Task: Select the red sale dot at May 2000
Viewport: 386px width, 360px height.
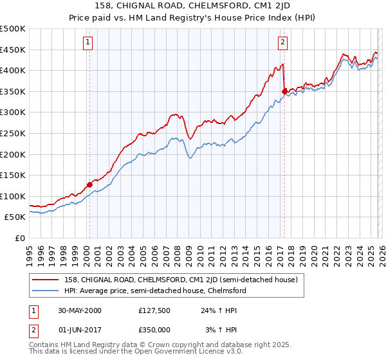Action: (89, 184)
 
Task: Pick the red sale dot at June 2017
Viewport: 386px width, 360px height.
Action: (284, 92)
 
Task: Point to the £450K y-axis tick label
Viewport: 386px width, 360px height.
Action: (13, 50)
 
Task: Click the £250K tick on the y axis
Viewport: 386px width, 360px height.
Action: (13, 134)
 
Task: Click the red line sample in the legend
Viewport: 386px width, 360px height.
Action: (46, 280)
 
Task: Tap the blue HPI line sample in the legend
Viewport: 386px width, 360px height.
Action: (46, 291)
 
